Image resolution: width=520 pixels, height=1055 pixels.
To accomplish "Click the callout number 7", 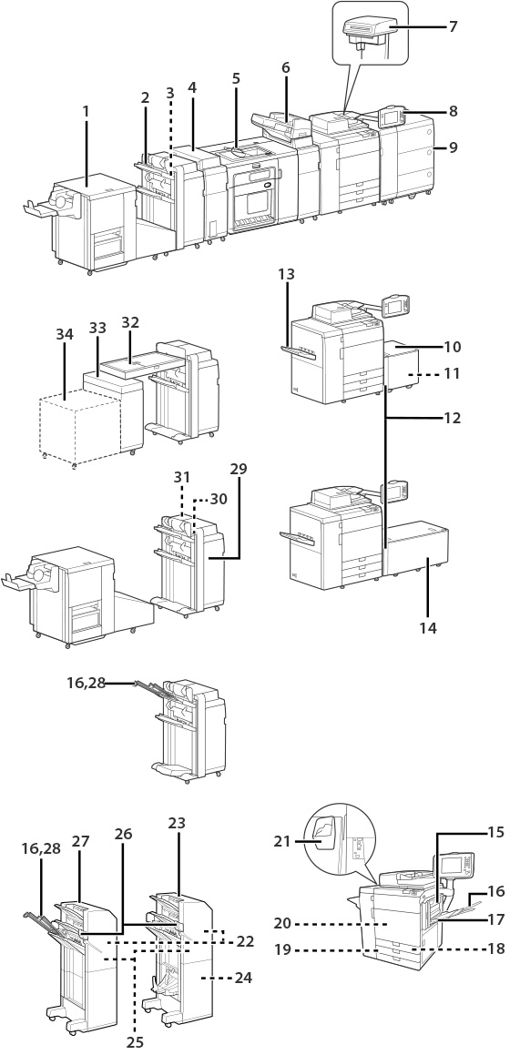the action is click(x=454, y=26).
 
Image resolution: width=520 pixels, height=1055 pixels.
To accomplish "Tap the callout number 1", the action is click(x=86, y=111).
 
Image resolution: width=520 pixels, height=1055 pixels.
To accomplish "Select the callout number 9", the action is click(x=454, y=147).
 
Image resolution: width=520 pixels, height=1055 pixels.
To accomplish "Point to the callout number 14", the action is click(x=428, y=628).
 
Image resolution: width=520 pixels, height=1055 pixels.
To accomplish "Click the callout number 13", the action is click(x=286, y=275).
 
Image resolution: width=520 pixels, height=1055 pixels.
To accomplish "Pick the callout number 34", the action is click(x=65, y=332).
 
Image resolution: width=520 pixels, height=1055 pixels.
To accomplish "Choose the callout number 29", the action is click(x=238, y=469).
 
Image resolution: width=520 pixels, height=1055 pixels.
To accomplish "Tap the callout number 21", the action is click(x=282, y=840).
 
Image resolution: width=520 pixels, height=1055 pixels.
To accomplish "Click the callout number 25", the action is click(x=136, y=1042).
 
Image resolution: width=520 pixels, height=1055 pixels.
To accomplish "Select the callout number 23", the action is click(x=177, y=823).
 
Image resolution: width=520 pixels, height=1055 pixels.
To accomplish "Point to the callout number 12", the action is click(x=453, y=418).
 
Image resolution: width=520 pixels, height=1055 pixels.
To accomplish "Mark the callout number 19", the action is click(x=282, y=949).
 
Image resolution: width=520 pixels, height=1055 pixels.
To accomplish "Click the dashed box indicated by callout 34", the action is click(x=81, y=429).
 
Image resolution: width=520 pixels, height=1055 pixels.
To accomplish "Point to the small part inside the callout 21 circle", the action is click(x=323, y=837).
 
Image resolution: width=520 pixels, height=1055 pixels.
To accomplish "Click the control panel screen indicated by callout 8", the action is click(x=391, y=117).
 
